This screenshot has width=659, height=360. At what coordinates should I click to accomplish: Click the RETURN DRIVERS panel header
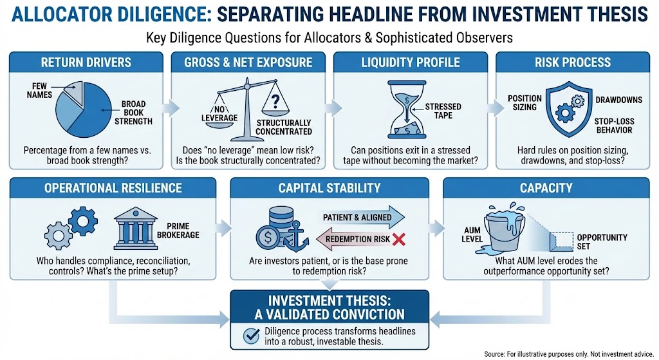[x=86, y=62]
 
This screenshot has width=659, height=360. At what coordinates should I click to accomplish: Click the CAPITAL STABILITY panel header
[x=329, y=188]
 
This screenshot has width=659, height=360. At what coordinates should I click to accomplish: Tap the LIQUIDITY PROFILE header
[x=411, y=62]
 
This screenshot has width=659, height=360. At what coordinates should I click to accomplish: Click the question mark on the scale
[x=276, y=101]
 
